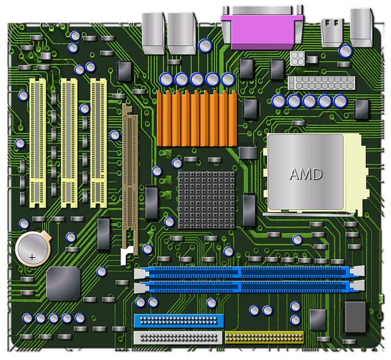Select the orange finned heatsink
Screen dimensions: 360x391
coord(196,117)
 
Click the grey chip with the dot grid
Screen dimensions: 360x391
coord(204,198)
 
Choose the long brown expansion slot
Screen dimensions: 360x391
coord(129,177)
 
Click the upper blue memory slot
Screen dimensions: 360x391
coord(249,271)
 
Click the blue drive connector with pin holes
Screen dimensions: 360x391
coord(177,320)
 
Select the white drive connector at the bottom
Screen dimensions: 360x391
coord(177,336)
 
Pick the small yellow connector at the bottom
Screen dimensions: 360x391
coord(264,336)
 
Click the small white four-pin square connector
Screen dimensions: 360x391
coord(298,59)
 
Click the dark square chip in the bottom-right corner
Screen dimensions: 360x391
coord(355,316)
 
